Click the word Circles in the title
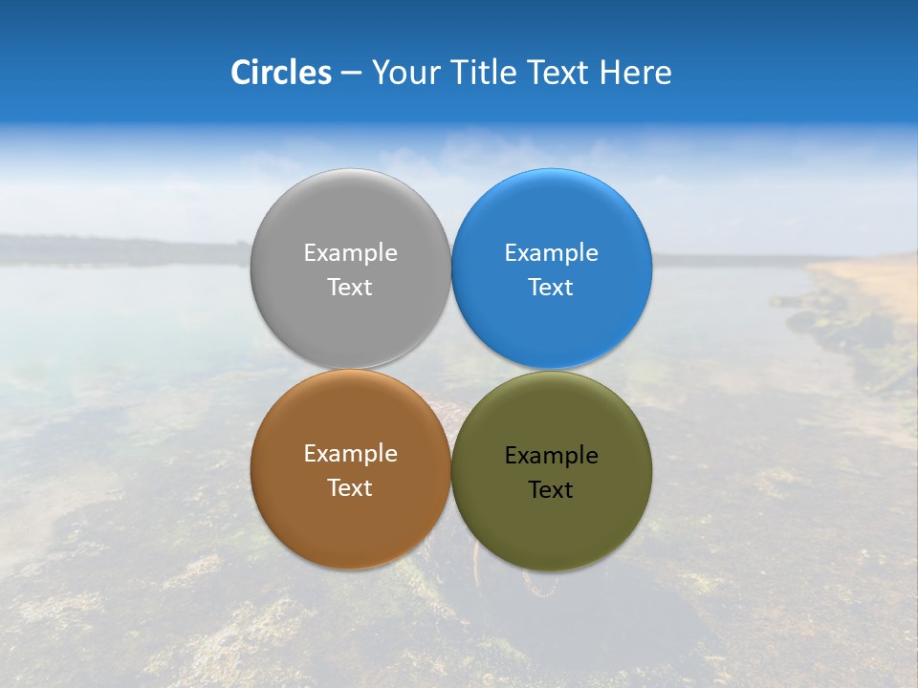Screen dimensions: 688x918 click(x=281, y=73)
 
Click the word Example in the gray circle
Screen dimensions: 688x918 click(x=350, y=253)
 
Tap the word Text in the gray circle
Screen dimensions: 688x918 click(x=350, y=288)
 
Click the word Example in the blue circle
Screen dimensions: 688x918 click(x=552, y=253)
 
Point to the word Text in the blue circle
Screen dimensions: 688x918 click(x=552, y=288)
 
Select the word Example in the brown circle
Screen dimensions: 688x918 click(x=350, y=454)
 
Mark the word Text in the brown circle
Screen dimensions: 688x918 click(x=350, y=488)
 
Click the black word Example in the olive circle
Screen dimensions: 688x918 click(x=552, y=456)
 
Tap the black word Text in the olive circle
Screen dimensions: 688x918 click(x=552, y=490)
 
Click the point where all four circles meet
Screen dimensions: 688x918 click(x=451, y=370)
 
